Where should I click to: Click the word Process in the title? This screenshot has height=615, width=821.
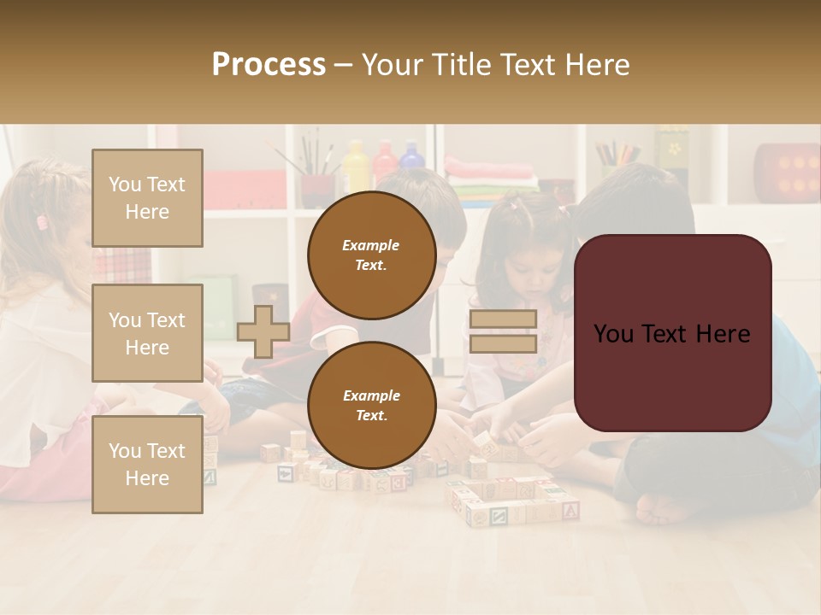pos(269,65)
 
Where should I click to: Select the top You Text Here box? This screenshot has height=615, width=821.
pos(147,198)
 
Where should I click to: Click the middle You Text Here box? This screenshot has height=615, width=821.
pos(147,333)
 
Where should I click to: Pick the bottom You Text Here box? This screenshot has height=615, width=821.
pos(147,464)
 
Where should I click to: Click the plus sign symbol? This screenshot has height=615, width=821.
pos(263,331)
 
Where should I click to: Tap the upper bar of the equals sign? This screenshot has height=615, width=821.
pos(503,319)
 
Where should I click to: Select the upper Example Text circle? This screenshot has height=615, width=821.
pos(371,255)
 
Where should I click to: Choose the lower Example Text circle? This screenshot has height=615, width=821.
pos(371,405)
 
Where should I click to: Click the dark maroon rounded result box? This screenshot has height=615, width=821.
pos(672,333)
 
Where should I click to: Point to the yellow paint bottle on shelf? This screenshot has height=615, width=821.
pos(355,162)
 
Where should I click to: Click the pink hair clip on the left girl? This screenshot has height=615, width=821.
pos(42,222)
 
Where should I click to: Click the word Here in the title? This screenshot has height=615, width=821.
pos(597,65)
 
